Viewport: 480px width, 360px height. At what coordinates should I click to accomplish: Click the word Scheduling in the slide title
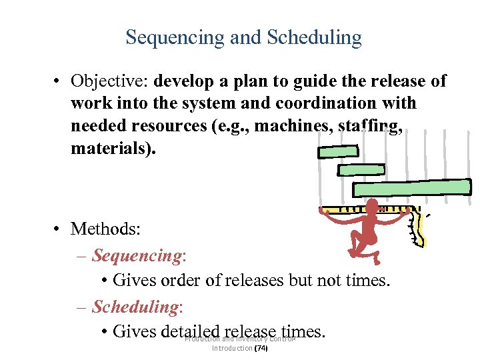(x=315, y=37)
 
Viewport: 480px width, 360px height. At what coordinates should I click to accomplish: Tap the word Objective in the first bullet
(x=109, y=81)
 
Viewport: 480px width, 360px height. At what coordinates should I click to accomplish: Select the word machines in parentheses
(x=273, y=125)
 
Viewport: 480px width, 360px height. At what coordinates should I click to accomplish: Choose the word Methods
(x=105, y=229)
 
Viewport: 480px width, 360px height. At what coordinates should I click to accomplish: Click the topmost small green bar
(x=337, y=152)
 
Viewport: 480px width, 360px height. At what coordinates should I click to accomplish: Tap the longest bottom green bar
(x=411, y=188)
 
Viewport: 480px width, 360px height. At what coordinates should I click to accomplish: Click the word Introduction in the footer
(x=231, y=348)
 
